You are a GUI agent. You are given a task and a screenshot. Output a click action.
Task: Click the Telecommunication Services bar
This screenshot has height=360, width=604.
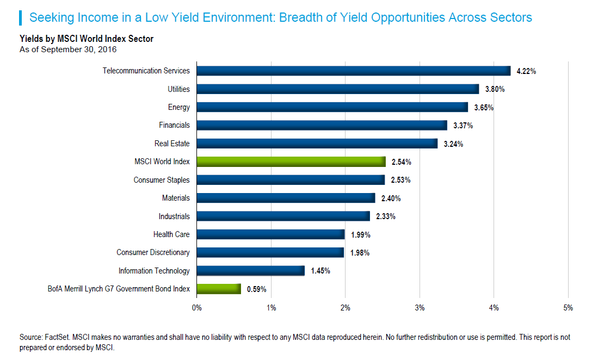354,71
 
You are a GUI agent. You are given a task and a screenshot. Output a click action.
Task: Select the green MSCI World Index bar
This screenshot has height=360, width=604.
291,162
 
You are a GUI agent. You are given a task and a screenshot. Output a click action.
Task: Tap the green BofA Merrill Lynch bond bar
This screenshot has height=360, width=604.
219,289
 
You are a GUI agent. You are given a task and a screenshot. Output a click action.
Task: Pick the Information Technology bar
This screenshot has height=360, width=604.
250,271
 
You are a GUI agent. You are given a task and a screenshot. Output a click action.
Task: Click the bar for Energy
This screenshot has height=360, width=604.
332,107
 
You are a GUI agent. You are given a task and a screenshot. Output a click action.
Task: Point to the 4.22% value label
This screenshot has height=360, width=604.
526,71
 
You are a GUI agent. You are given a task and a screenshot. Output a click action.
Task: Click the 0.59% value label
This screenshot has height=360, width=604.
256,289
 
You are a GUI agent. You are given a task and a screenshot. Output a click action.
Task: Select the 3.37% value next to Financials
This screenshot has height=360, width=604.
463,126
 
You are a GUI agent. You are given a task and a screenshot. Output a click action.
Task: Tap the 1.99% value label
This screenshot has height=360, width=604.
360,234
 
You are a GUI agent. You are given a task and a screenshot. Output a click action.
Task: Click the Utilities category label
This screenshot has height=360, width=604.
178,89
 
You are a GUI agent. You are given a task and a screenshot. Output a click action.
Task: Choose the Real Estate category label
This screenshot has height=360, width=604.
172,144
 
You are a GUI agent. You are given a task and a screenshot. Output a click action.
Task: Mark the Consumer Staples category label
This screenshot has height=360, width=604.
162,180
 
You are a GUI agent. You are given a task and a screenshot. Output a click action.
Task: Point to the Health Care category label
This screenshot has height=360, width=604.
171,234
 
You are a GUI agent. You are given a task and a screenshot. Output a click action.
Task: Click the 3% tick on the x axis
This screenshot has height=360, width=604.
420,308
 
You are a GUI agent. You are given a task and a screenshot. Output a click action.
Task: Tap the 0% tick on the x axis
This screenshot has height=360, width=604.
197,308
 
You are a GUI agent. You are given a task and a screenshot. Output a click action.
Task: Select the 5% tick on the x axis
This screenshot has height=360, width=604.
568,308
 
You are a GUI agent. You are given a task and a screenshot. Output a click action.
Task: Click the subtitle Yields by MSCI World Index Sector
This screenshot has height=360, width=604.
87,39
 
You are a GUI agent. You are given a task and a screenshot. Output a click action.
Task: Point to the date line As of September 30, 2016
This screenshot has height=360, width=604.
68,49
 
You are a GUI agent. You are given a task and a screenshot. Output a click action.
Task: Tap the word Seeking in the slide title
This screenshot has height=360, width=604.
50,17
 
